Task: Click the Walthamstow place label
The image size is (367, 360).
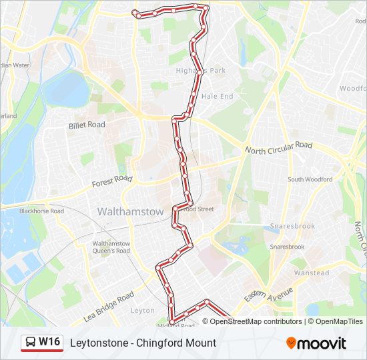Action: [130, 211]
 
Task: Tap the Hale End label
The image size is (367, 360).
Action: [217, 97]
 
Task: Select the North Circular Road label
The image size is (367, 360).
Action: [278, 147]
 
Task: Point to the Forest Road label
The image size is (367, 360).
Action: [113, 180]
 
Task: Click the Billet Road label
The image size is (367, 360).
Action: [87, 125]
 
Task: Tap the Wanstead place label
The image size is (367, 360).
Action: [312, 273]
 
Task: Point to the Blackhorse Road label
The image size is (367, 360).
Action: [41, 211]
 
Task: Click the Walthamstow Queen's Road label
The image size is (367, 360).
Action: [111, 247]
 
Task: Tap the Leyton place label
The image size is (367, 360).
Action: [143, 311]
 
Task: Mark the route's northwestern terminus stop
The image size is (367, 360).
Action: [135, 13]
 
